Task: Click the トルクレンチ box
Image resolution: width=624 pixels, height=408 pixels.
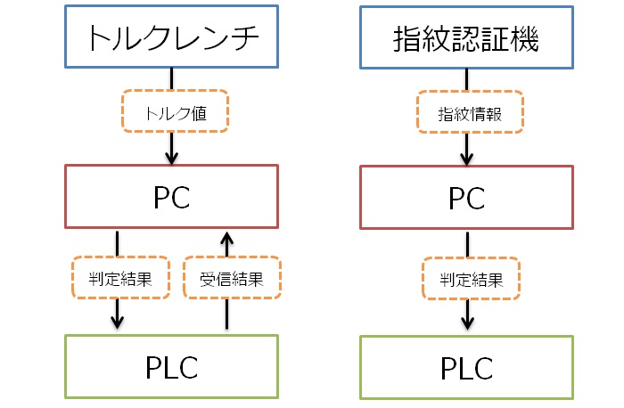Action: coord(171,37)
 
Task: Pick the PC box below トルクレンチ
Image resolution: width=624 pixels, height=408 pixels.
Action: coord(171,197)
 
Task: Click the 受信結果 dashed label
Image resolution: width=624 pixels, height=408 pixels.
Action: coord(231,278)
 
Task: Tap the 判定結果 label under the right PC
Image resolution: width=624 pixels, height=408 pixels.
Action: coord(469,278)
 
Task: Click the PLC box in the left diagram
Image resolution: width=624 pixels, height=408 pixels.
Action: coord(171,366)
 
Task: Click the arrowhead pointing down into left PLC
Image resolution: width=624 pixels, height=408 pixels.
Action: coord(118,321)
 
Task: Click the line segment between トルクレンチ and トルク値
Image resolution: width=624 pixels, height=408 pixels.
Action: coord(171,78)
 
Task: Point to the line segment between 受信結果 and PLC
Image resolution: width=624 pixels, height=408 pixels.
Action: coord(226,315)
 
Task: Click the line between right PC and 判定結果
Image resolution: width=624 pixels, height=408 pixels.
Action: coord(469,243)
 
